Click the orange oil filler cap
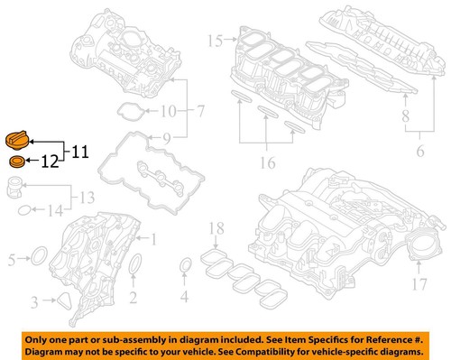point(19,141)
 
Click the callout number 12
point(49,163)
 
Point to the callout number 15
point(214,41)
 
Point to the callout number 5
point(12,261)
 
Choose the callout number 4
point(184,294)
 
